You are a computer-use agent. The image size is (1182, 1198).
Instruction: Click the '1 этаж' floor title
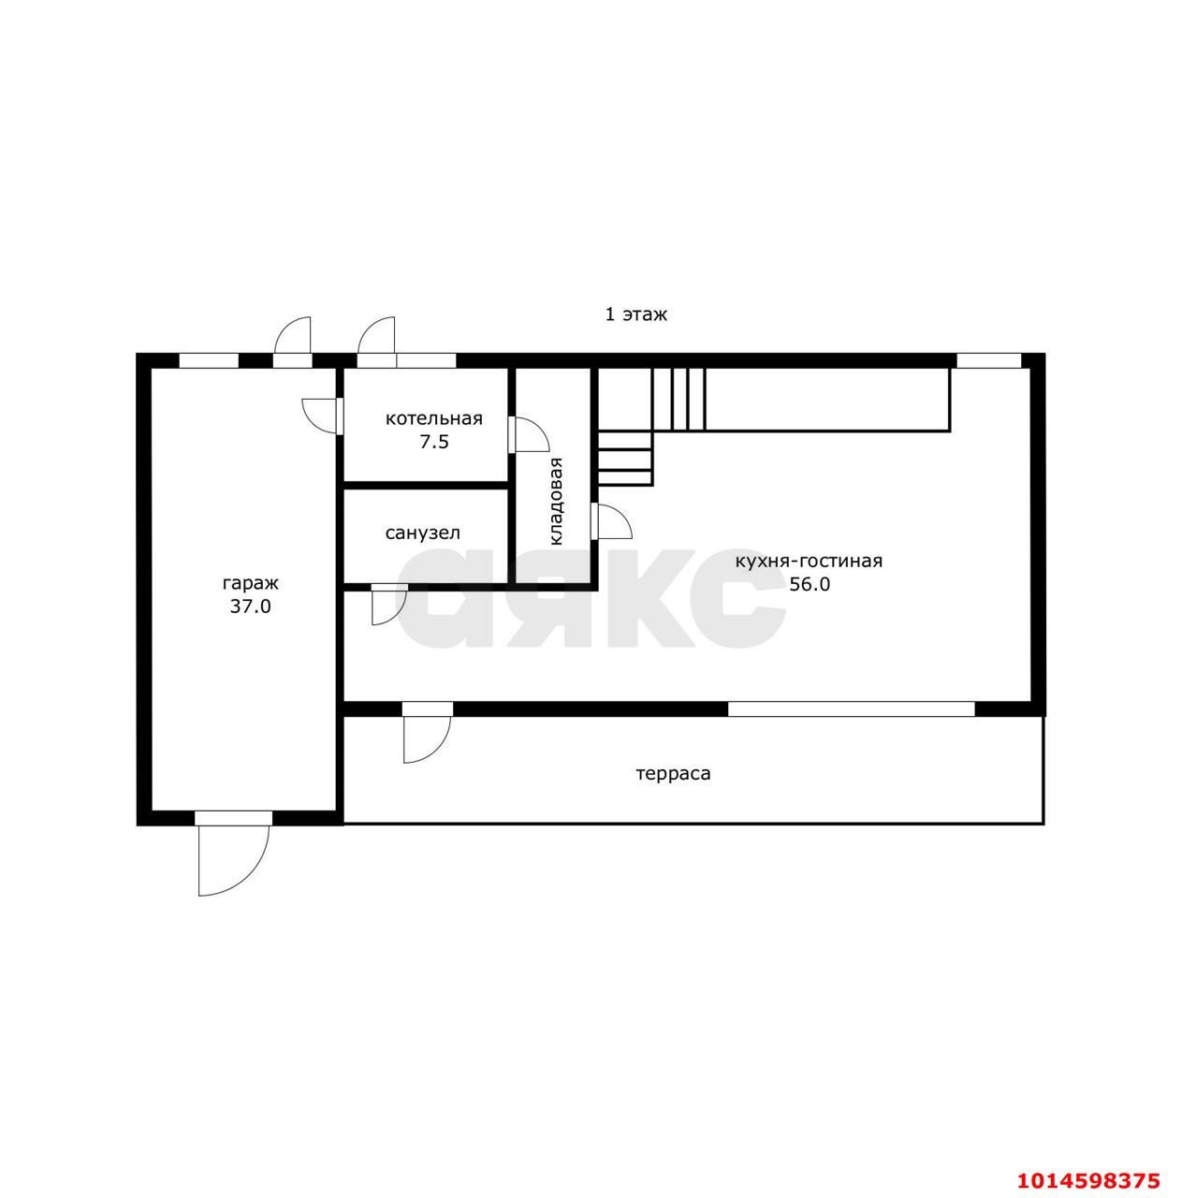(x=636, y=314)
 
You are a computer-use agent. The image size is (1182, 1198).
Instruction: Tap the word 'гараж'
(x=251, y=584)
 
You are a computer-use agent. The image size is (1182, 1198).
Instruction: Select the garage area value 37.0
(x=251, y=606)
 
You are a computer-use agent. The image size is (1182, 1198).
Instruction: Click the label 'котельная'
(x=434, y=418)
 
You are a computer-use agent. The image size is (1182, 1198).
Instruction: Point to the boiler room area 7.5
(x=434, y=442)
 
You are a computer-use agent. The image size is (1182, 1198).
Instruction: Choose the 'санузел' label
(x=423, y=533)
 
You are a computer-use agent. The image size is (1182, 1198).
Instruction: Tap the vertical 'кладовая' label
(x=557, y=501)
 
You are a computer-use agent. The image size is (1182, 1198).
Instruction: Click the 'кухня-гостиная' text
(x=809, y=561)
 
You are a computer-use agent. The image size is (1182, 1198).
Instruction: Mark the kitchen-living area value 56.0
(x=810, y=584)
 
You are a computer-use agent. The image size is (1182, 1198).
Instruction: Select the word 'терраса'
(x=674, y=774)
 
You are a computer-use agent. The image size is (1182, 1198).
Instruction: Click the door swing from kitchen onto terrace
(x=427, y=738)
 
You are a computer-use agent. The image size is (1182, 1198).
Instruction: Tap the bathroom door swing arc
(x=389, y=605)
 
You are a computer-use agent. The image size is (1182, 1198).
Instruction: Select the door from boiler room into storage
(x=528, y=434)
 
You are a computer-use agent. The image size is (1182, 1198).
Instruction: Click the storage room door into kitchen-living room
(x=612, y=520)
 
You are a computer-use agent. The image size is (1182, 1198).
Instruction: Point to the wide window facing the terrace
(x=852, y=709)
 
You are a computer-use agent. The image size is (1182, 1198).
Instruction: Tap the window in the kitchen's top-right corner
(x=988, y=360)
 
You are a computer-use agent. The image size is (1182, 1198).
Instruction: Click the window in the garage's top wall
(x=209, y=360)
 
